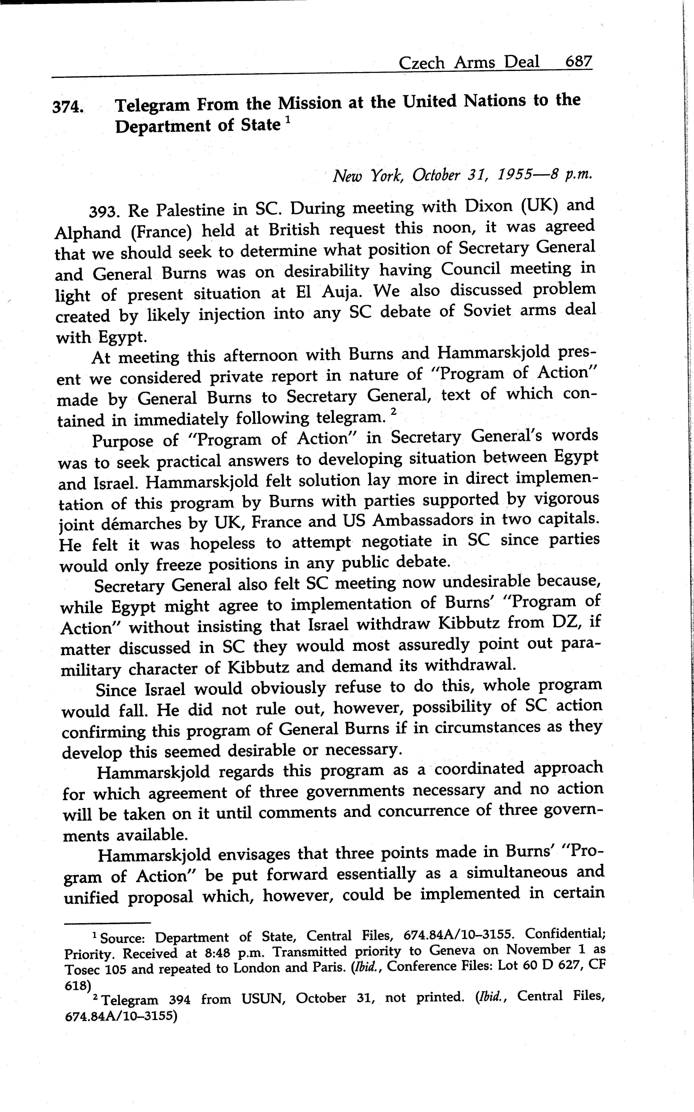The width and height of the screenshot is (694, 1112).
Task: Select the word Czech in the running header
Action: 421,62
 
